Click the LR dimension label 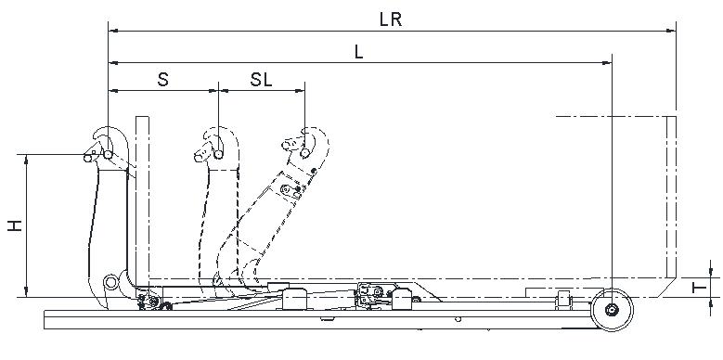[391, 19]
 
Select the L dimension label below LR [359, 52]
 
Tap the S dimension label [163, 79]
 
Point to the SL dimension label [262, 79]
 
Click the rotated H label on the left [15, 225]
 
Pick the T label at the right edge [700, 288]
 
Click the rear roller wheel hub [612, 309]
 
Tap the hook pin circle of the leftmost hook [108, 154]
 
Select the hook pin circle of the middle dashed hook [218, 154]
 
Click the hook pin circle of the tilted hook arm [304, 151]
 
